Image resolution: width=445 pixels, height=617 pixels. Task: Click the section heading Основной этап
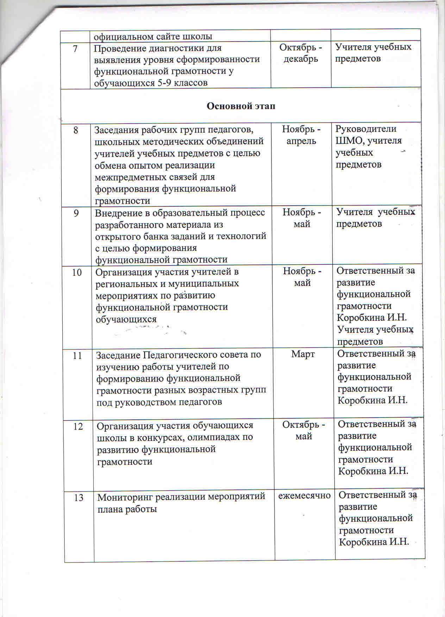point(240,106)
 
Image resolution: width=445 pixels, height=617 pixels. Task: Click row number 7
point(75,48)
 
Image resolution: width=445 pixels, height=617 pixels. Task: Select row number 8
point(76,130)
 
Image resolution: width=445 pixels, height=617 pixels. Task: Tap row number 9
point(76,213)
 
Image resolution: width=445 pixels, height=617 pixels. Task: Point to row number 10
point(77,272)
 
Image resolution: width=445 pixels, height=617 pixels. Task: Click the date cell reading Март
point(303,354)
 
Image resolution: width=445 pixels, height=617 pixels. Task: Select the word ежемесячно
point(305,496)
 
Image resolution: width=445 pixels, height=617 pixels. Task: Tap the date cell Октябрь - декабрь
point(301,52)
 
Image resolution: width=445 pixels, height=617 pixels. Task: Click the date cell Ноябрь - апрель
point(302,135)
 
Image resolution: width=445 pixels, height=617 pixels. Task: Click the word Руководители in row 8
point(366,129)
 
